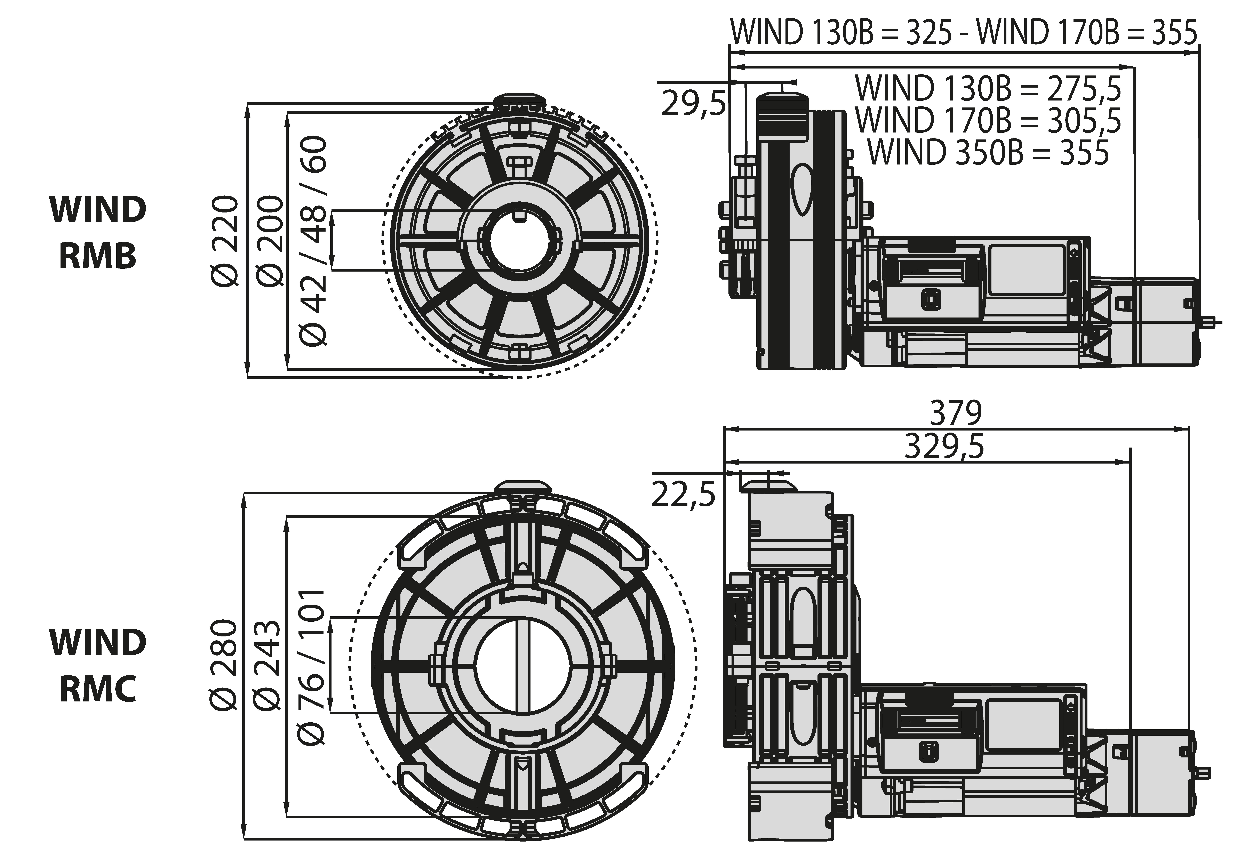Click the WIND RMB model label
click(x=98, y=233)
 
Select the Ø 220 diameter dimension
click(x=223, y=241)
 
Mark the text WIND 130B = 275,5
click(x=988, y=88)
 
